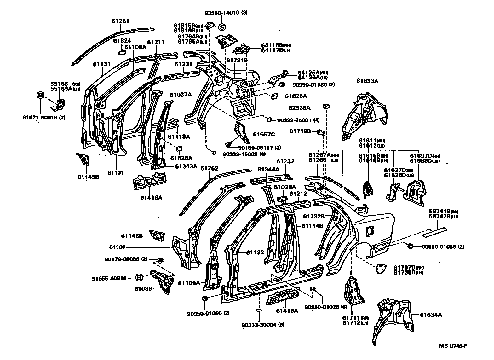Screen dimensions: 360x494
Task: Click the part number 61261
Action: pos(120,21)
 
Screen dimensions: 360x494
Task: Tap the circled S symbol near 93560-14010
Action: pos(222,27)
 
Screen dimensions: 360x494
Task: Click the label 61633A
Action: pos(367,81)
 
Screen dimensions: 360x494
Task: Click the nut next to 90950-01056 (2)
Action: pos(411,246)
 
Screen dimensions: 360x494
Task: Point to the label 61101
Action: pos(116,172)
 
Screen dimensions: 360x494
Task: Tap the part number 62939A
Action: pos(300,108)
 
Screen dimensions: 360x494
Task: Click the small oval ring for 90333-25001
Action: pos(269,120)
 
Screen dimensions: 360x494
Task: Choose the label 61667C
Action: pos(264,135)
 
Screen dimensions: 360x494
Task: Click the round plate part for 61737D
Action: pos(382,269)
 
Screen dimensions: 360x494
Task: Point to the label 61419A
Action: pos(287,311)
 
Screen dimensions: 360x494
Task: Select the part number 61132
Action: pos(255,252)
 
